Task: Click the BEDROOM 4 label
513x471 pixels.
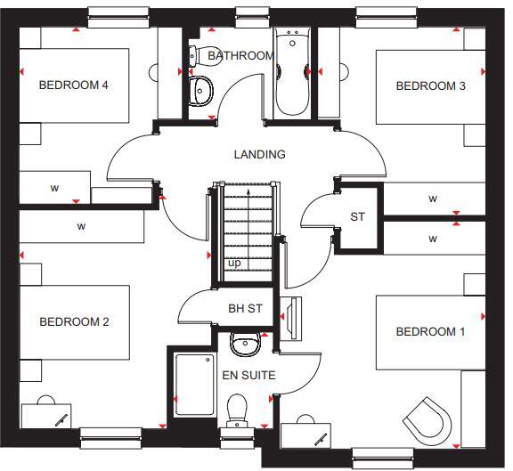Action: [73, 85]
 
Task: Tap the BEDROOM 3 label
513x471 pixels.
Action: [430, 86]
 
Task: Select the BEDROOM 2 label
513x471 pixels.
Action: [74, 321]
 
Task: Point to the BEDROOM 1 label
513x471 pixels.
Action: [430, 331]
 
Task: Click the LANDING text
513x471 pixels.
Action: [259, 154]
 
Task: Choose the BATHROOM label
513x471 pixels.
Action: [240, 55]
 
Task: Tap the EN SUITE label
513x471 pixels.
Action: [248, 375]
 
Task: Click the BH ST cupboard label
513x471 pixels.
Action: [245, 309]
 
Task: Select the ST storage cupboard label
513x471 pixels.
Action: [357, 216]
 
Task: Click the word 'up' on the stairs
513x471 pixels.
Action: [234, 264]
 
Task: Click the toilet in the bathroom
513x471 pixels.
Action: [200, 54]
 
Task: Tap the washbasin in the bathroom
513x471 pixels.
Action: [202, 89]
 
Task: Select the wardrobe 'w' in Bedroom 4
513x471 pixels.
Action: [54, 188]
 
